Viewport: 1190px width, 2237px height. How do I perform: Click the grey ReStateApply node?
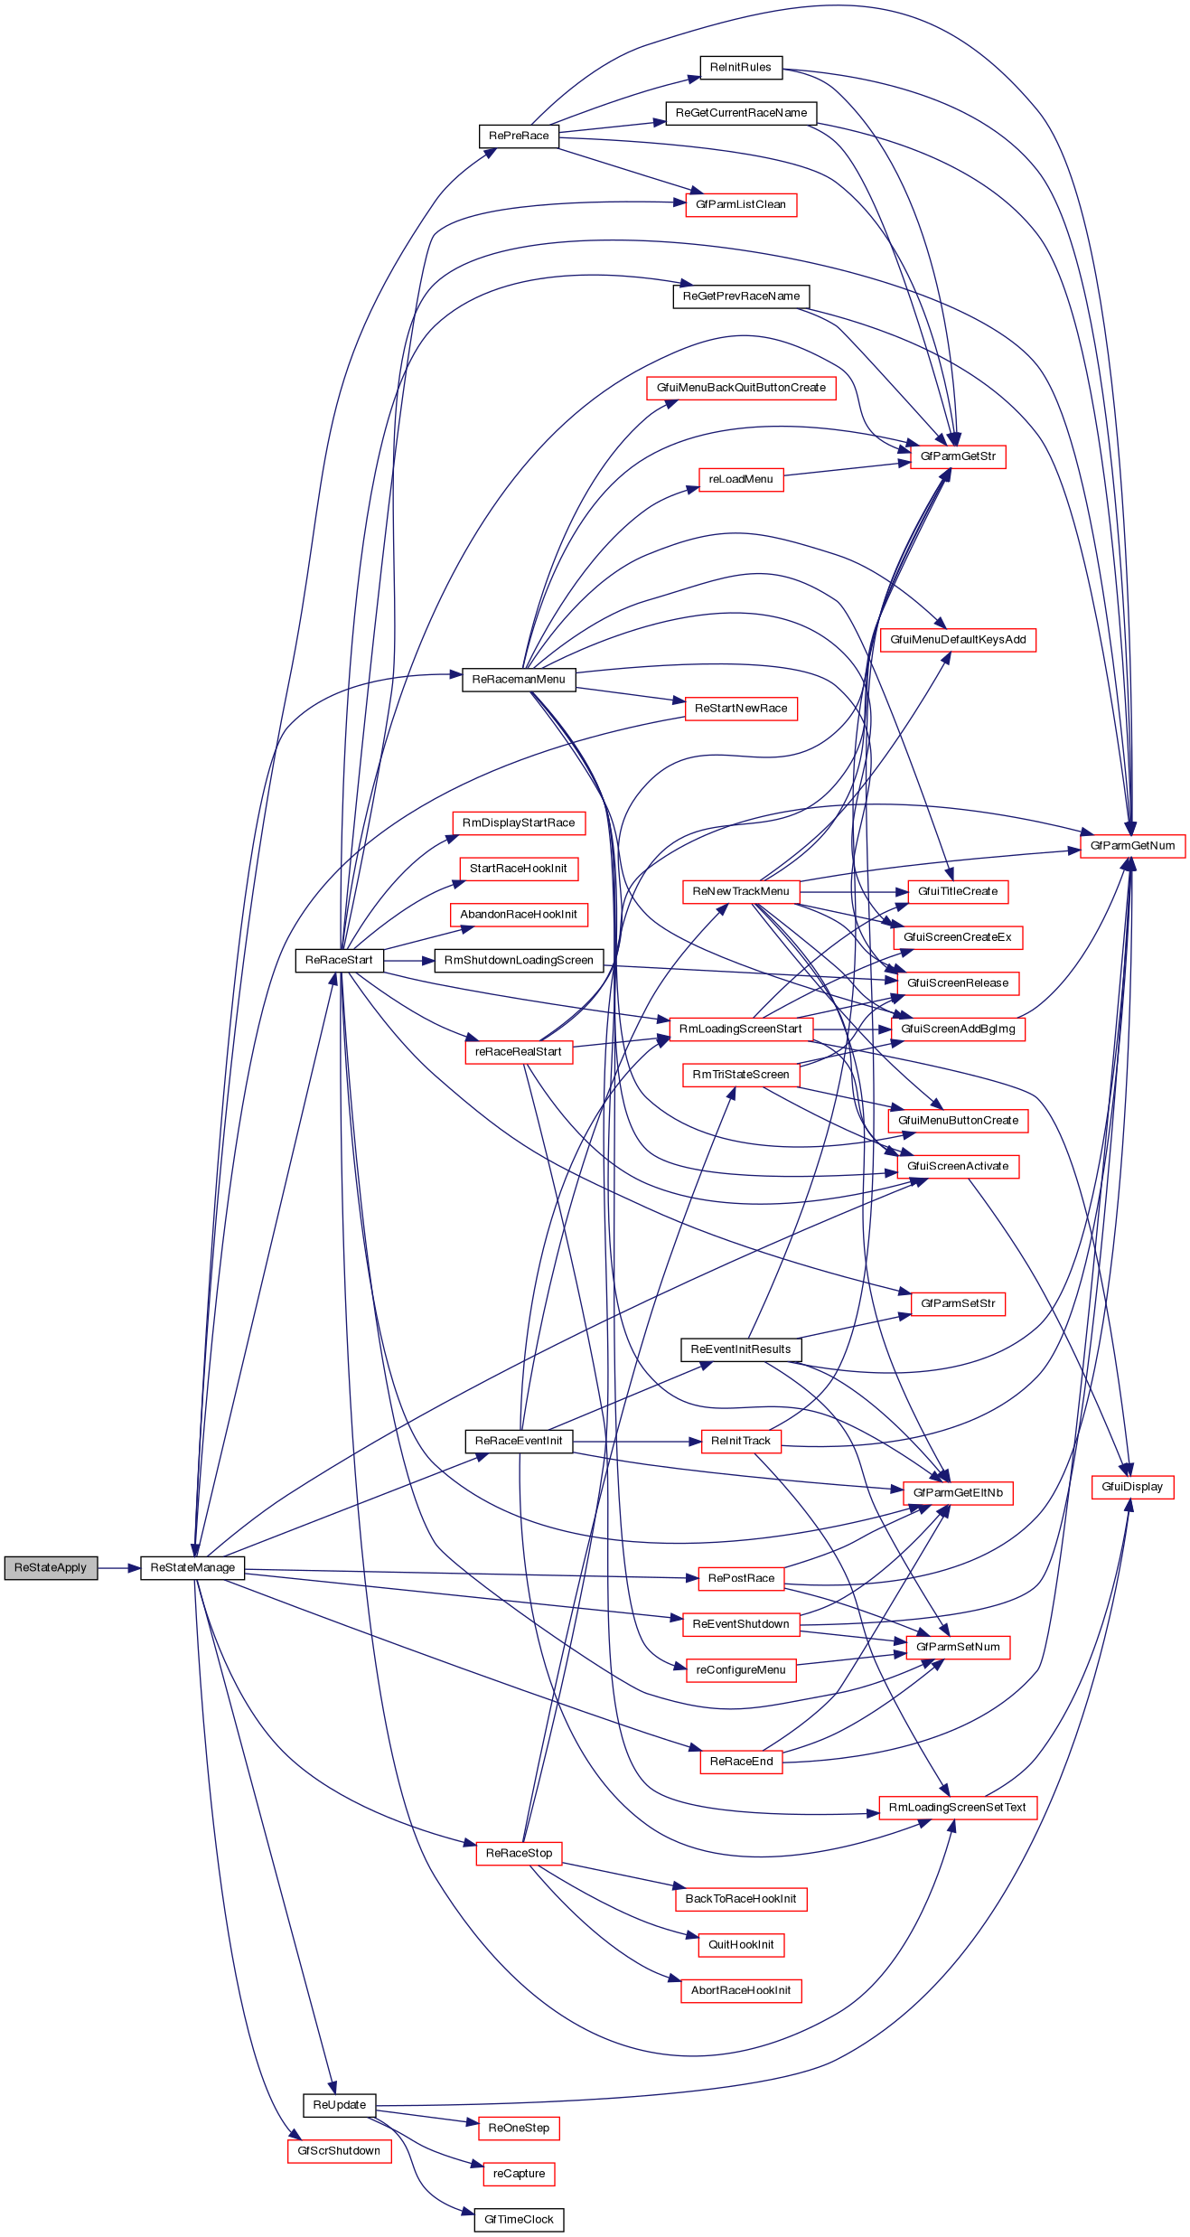tap(51, 1567)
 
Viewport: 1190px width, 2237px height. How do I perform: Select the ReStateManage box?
tap(192, 1567)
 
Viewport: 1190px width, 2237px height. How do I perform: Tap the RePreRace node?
tap(519, 136)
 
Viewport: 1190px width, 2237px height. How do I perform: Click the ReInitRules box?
tap(741, 67)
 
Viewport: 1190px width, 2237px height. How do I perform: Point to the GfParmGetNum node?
tap(1132, 845)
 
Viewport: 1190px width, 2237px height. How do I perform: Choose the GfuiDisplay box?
tap(1132, 1487)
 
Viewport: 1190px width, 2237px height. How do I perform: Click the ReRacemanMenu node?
tap(519, 679)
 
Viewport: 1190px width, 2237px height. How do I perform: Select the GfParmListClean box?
tap(741, 204)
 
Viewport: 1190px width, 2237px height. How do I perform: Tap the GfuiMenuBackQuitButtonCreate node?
tap(741, 388)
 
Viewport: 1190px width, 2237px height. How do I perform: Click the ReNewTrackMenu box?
tap(741, 891)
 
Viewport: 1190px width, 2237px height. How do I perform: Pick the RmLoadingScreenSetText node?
tap(958, 1807)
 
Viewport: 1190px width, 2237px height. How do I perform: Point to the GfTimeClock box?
tap(519, 2219)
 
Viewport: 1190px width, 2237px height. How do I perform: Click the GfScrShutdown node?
tap(339, 2150)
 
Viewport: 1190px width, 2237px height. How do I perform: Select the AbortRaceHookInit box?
tap(741, 1990)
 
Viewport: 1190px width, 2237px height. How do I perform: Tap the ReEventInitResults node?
tap(741, 1349)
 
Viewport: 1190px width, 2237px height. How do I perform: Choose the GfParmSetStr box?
tap(958, 1303)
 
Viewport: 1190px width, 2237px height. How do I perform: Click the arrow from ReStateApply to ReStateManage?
tap(118, 1567)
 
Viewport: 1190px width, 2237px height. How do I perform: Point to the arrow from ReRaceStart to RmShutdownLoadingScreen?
tap(409, 960)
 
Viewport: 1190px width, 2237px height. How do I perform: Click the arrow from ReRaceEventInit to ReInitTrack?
tap(637, 1441)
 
